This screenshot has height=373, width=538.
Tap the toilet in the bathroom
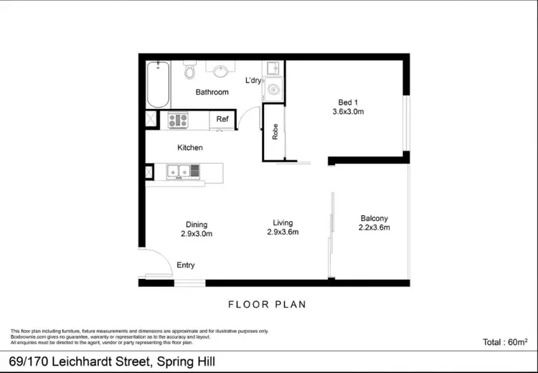point(189,70)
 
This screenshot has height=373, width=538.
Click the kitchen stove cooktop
point(177,121)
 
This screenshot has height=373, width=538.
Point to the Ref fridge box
point(222,120)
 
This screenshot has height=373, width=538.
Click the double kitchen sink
point(179,171)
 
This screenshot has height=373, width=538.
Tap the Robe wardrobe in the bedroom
point(274,132)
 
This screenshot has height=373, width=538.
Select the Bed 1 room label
point(348,101)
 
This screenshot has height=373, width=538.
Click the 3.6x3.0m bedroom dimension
point(348,112)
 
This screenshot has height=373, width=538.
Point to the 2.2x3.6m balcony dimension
point(374,228)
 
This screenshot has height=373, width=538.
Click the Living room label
point(283,222)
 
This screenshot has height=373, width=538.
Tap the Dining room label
point(197,225)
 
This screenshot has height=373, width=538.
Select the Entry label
point(186,265)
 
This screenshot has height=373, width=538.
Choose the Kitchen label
point(190,148)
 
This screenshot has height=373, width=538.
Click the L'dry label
point(253,80)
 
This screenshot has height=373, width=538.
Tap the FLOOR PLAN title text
point(267,304)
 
